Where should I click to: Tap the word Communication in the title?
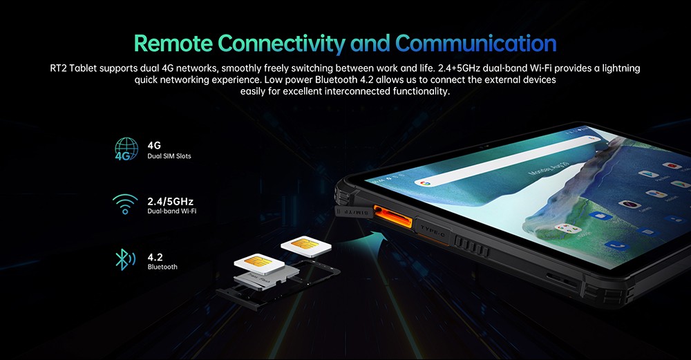476,43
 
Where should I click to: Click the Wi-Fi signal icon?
125,205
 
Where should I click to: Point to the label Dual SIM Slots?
169,157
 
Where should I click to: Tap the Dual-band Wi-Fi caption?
171,211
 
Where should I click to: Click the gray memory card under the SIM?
272,277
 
